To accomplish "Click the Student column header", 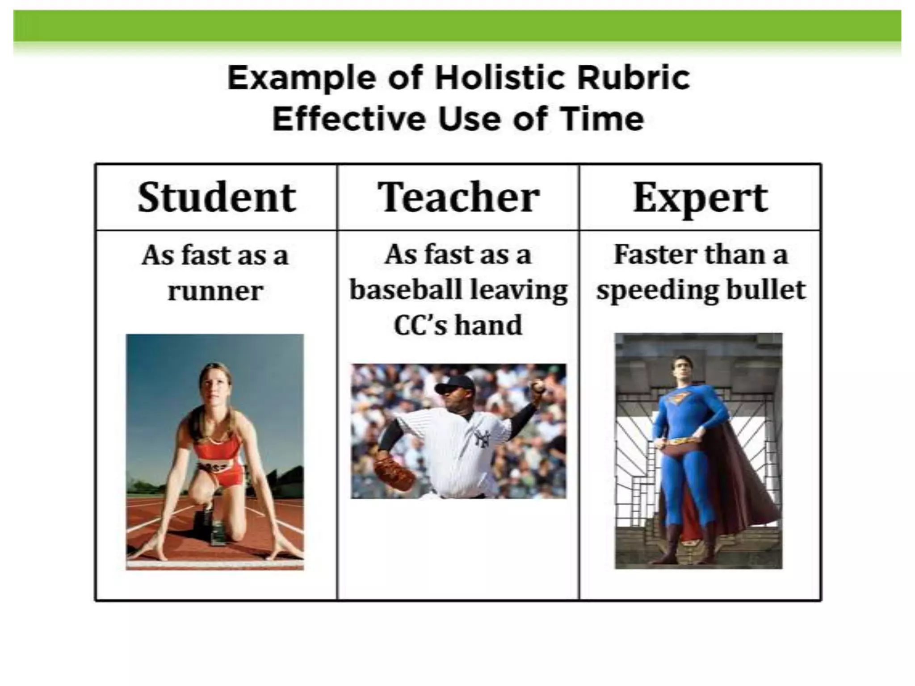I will [216, 197].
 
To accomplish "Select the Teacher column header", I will [458, 197].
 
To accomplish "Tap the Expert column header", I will [700, 197].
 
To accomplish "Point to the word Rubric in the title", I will [633, 78].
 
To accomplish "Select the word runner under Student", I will [215, 291].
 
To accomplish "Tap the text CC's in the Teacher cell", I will [420, 325].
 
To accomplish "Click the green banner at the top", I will [457, 26].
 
